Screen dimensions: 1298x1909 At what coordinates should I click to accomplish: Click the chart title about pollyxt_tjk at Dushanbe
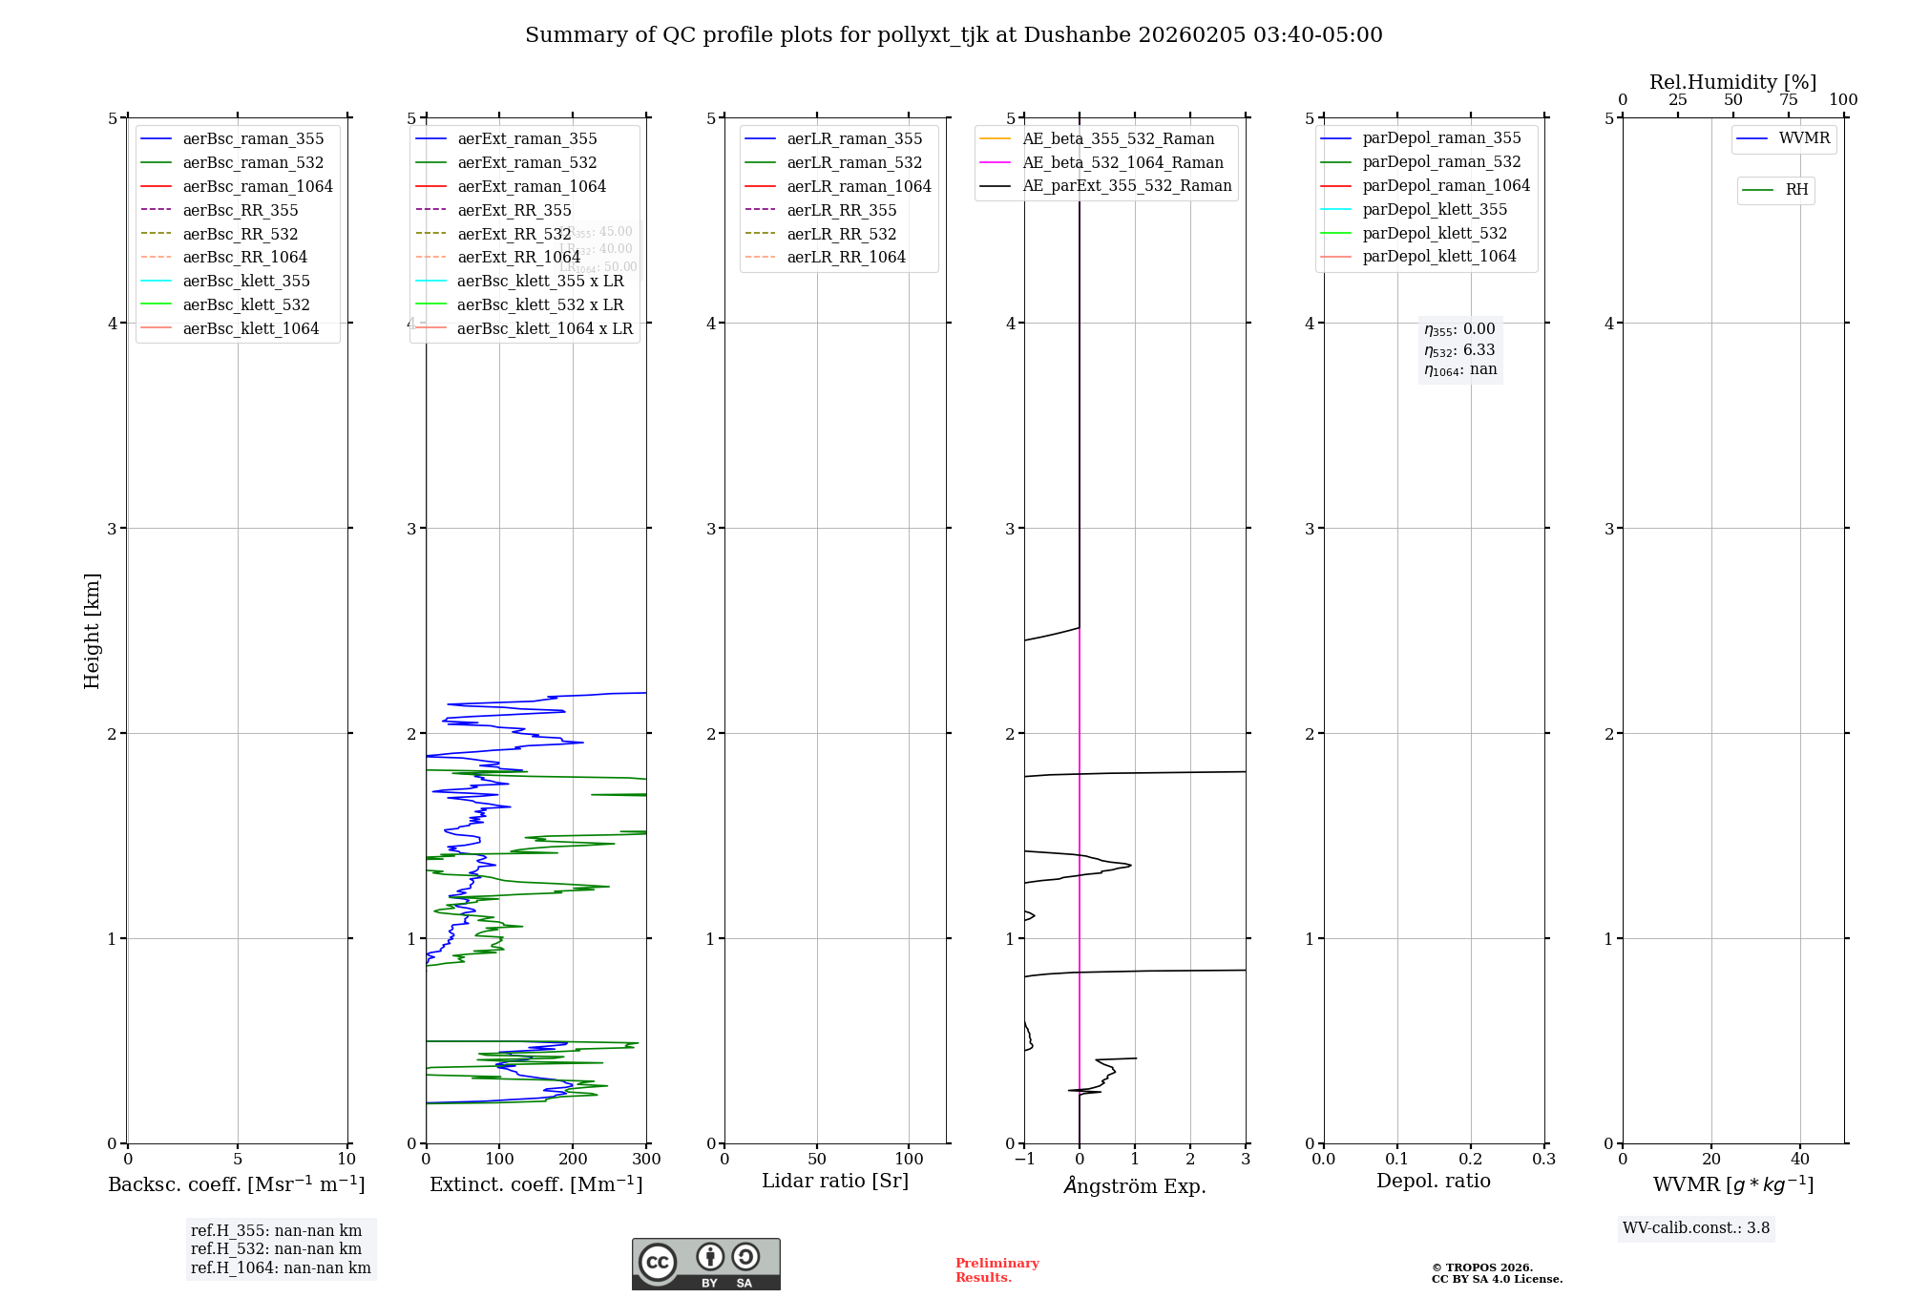tap(954, 35)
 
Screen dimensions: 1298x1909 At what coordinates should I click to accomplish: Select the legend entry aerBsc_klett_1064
tap(250, 328)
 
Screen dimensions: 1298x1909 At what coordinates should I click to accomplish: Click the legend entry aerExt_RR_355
tap(514, 210)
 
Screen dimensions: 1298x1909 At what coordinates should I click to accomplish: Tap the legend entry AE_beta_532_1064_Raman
tap(1122, 162)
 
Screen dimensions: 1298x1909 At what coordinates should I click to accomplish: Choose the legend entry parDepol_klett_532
tap(1434, 233)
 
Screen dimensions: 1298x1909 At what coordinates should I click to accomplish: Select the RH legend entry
tap(1796, 190)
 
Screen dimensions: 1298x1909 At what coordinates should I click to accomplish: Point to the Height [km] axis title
tap(92, 630)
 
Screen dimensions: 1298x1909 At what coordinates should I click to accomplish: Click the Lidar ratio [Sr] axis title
tap(835, 1181)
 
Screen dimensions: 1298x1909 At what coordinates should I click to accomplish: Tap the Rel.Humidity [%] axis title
tap(1732, 82)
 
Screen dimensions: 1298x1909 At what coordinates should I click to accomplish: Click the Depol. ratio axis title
tap(1433, 1181)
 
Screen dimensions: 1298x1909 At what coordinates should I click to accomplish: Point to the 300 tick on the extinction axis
tap(646, 1160)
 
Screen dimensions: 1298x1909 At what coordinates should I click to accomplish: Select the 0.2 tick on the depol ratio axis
tap(1471, 1160)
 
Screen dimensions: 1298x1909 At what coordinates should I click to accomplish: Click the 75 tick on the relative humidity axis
tap(1788, 100)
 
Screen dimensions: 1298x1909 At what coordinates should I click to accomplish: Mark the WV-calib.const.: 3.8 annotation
tap(1695, 1228)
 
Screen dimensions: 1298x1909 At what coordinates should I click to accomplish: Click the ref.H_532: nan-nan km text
tap(276, 1248)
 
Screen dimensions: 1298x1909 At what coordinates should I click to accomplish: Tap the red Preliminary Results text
tap(996, 1270)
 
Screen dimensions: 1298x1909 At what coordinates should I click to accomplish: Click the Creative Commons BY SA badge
tap(705, 1264)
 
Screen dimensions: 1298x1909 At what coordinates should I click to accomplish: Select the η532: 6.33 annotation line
tap(1459, 350)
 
